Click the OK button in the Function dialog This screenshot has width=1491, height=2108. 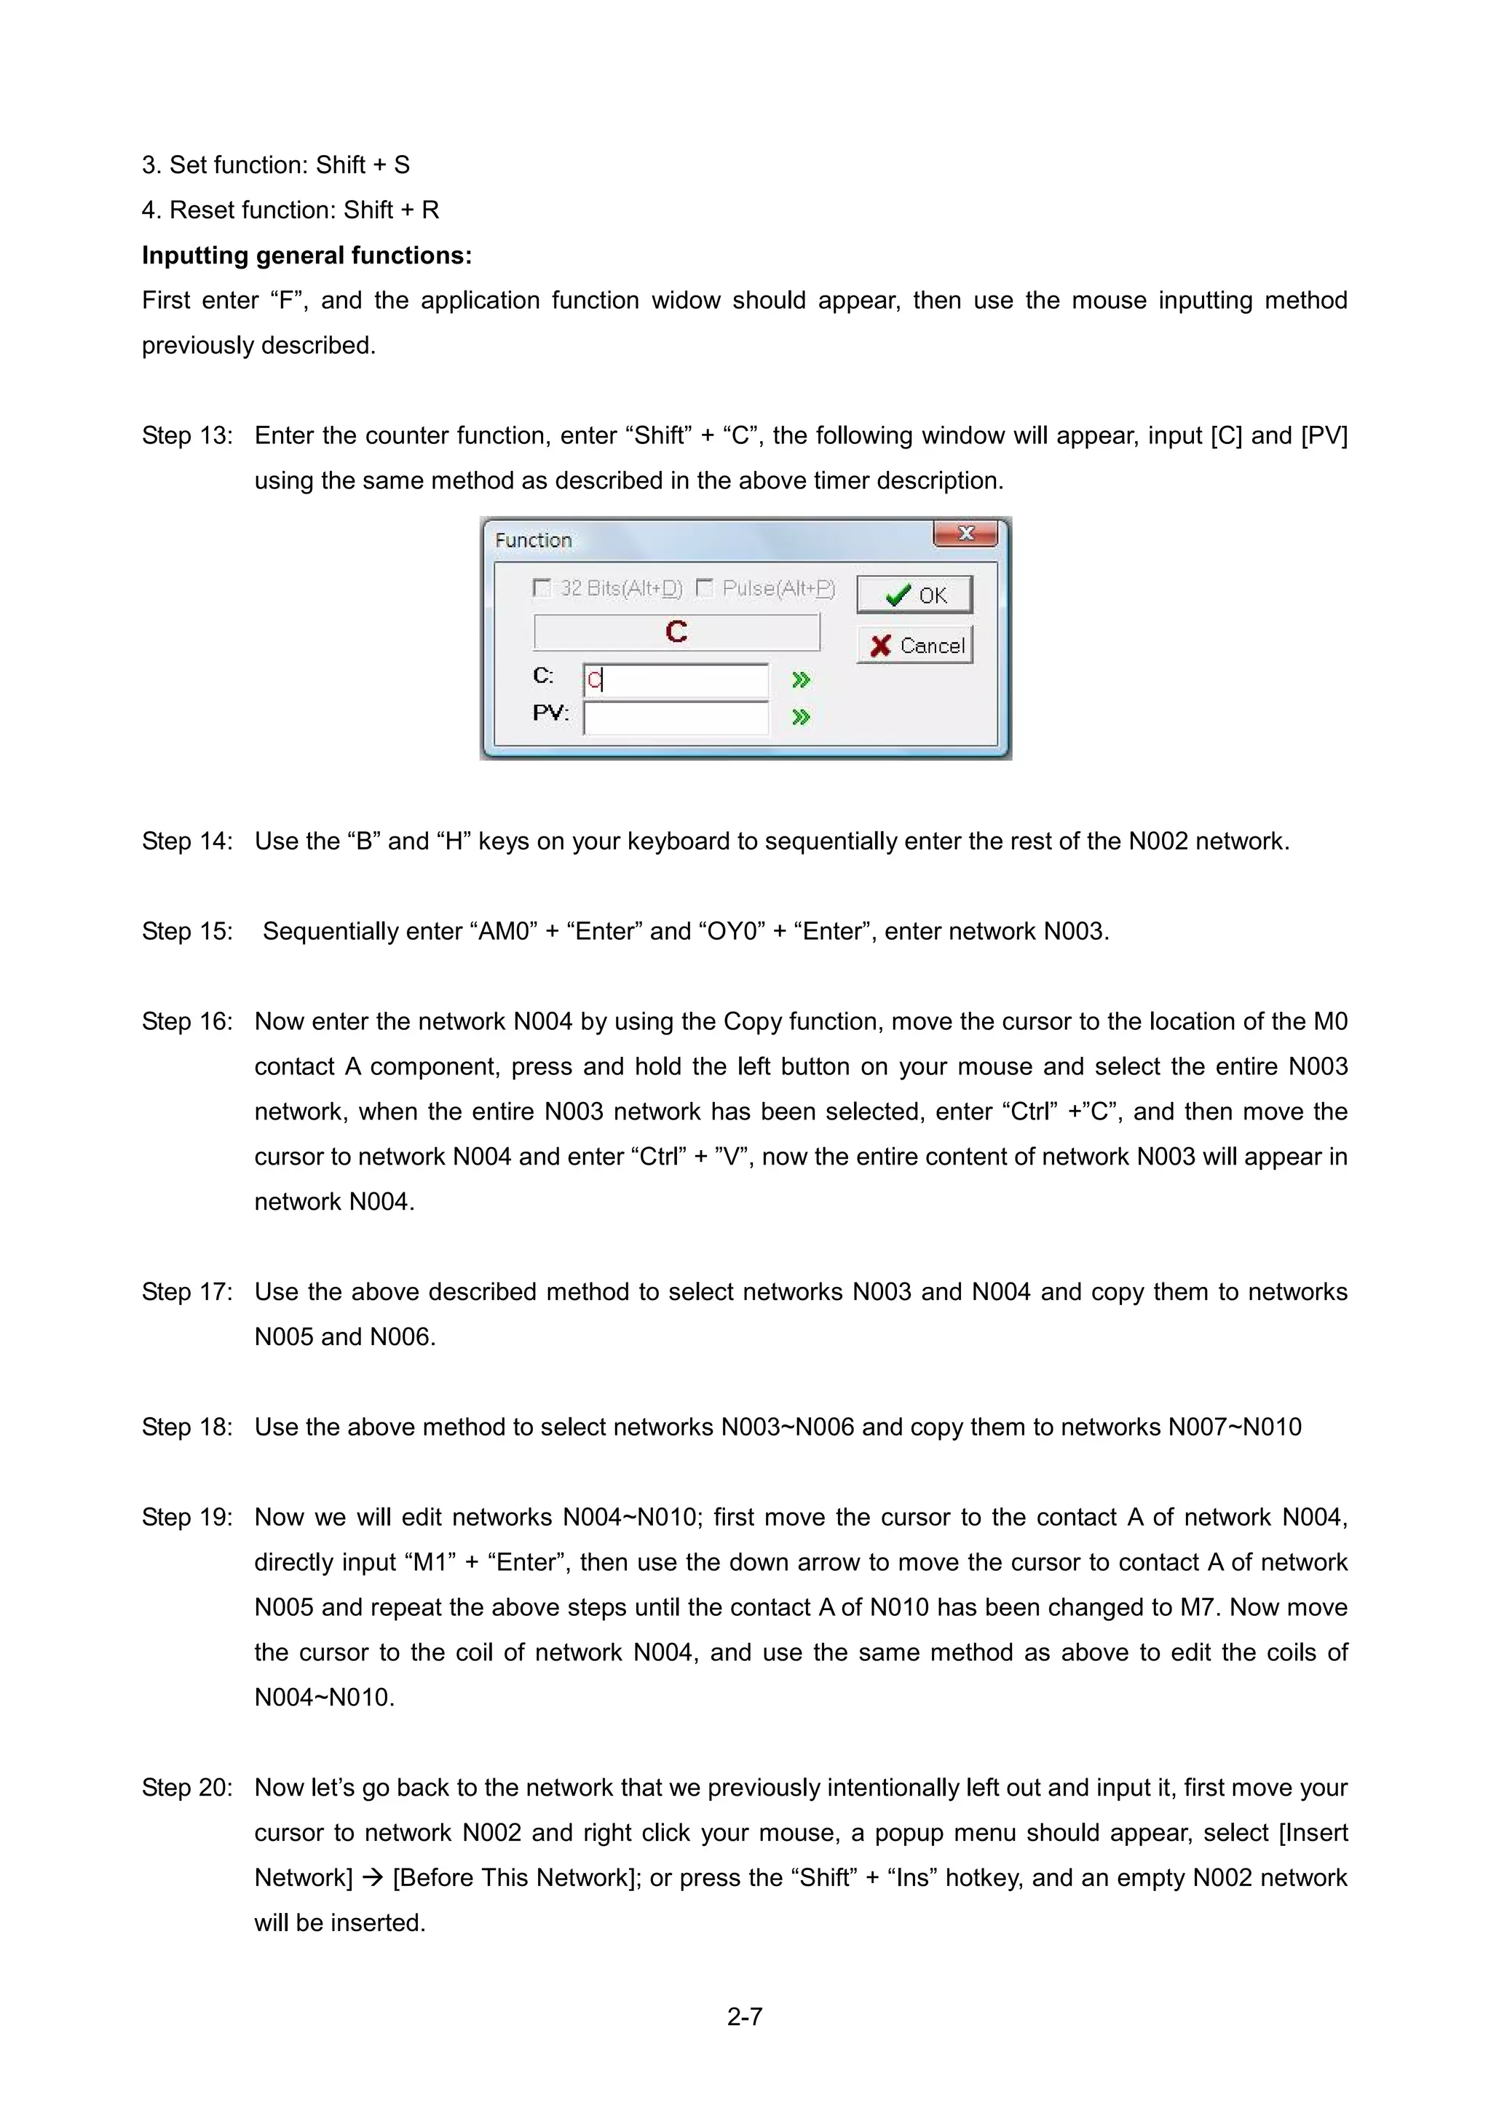(914, 595)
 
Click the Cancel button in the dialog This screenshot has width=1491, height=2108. (915, 646)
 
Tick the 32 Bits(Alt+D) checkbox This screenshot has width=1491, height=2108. (542, 587)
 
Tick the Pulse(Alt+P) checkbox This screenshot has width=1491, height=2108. (704, 587)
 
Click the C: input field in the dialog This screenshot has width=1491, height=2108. (676, 681)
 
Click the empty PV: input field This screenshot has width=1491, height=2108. (676, 717)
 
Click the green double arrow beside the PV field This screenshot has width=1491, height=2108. (801, 717)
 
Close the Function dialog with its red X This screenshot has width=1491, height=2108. (965, 534)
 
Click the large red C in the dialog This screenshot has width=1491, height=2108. (676, 632)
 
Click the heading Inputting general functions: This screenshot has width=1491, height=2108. (306, 255)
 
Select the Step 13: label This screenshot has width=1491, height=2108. (187, 435)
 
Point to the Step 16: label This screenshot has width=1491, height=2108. (187, 1021)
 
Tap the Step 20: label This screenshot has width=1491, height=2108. (187, 1787)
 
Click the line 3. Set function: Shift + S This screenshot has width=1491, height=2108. (275, 165)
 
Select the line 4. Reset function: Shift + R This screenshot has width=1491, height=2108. (290, 210)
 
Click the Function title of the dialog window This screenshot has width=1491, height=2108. (534, 540)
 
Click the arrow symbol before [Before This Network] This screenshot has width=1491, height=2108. (372, 1877)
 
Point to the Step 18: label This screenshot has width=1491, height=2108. (187, 1427)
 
